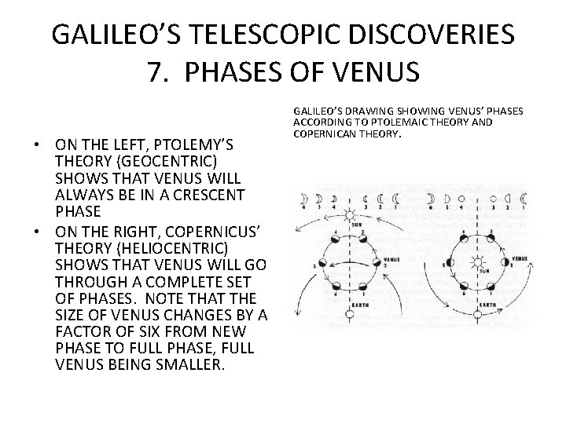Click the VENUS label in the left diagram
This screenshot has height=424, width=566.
point(391,258)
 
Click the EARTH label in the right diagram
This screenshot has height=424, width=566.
point(487,304)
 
